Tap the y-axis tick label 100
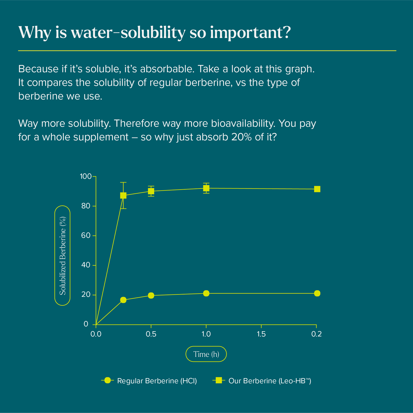click(85, 177)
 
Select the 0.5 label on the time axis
click(151, 334)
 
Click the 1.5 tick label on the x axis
click(261, 334)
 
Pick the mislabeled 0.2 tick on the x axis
click(316, 334)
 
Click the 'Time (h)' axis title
click(206, 354)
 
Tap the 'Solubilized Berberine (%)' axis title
click(63, 256)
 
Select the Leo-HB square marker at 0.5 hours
click(151, 191)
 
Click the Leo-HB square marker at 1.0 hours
click(206, 188)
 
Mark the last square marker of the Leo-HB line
click(317, 189)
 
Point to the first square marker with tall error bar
click(123, 195)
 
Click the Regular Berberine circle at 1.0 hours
click(206, 293)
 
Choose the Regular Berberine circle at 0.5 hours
click(151, 295)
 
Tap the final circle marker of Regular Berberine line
click(317, 293)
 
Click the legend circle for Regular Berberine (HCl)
click(107, 380)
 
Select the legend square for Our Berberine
click(219, 380)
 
